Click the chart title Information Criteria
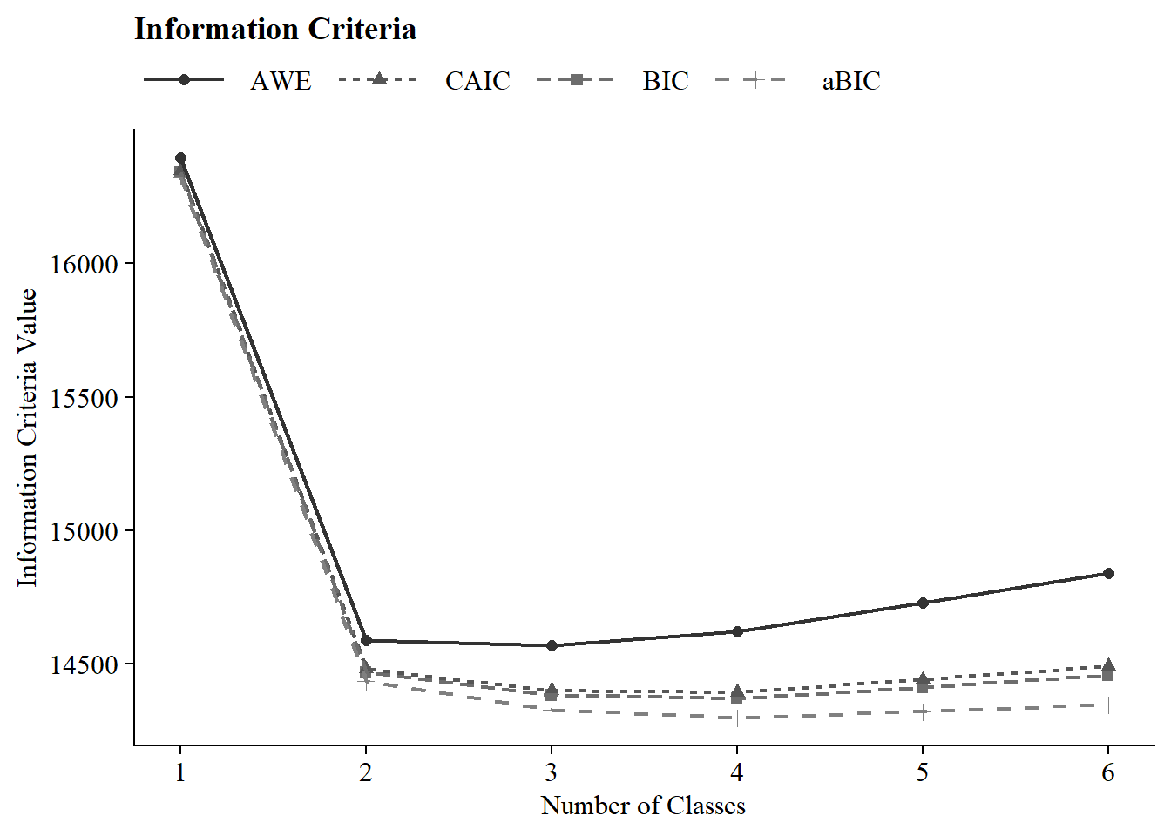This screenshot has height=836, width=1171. coord(275,30)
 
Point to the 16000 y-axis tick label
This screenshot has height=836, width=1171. coord(84,265)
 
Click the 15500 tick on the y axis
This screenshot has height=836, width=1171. coord(84,398)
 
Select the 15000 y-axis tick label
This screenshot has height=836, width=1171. coord(84,531)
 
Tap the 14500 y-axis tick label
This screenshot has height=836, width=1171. coord(84,665)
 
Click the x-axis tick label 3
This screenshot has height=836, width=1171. coord(552,772)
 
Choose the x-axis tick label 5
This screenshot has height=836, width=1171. coord(923,772)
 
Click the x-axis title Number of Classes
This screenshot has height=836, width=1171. coord(643,806)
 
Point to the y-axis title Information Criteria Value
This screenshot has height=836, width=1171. coord(28,438)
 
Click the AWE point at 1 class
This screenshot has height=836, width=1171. coord(180,158)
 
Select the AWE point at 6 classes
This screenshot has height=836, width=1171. coord(1108,574)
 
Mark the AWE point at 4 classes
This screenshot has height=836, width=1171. coord(737,631)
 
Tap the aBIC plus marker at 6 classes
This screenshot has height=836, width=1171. coord(1108,705)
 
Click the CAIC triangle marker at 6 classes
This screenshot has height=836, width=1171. coord(1108,665)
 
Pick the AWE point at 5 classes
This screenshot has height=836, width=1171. coord(923,603)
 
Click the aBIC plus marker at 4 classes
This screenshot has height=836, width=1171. coord(737,718)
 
